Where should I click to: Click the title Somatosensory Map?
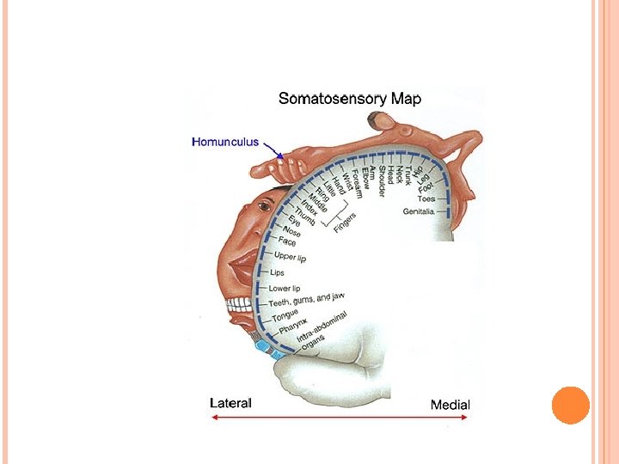pos(350,99)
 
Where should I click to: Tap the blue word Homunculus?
pos(224,142)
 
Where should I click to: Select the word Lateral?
pos(231,402)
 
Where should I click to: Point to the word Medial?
pos(450,404)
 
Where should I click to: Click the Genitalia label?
pos(426,211)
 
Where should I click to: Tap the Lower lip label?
pos(285,289)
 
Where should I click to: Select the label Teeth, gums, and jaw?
pos(311,300)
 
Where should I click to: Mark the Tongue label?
pos(287,316)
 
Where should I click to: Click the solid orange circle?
pos(570,406)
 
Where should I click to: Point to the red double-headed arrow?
pos(340,418)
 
